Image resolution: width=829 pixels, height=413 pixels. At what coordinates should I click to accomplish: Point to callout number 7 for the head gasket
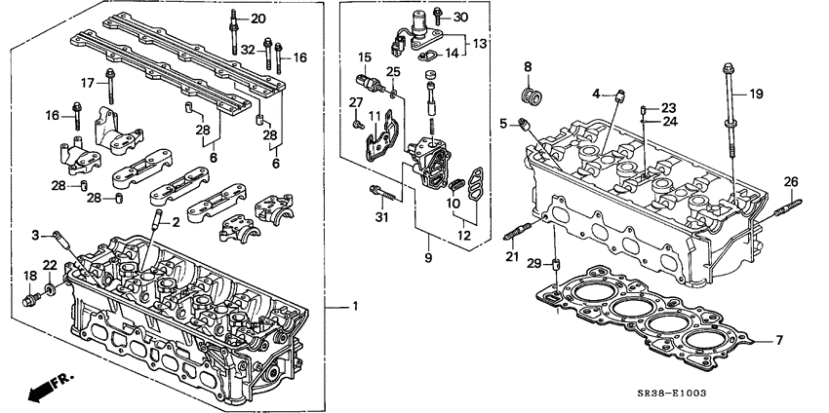coord(777,339)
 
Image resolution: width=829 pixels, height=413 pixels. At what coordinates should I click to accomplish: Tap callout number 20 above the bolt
coord(257,19)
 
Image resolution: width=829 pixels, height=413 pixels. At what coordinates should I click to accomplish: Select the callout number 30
coord(460,18)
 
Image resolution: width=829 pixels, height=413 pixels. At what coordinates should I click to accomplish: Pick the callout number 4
coord(595,94)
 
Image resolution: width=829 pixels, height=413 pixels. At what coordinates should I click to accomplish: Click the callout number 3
coord(34,235)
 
